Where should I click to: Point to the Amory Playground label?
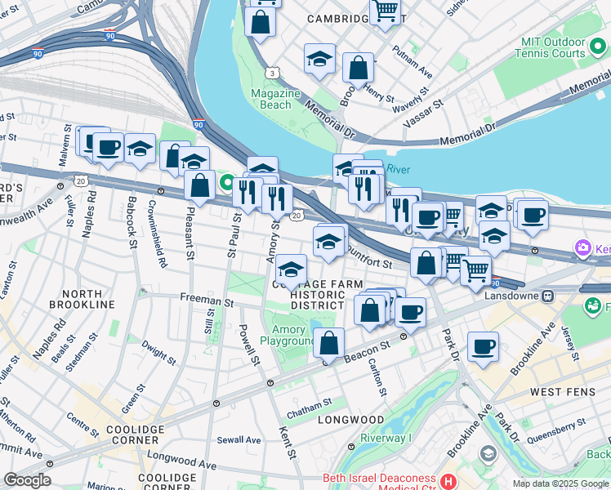coord(288,334)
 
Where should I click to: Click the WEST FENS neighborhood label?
coord(557,392)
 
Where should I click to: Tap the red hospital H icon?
coord(447,479)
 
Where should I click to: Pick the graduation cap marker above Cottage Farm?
coord(291,269)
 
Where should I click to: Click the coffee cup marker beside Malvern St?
coord(108,148)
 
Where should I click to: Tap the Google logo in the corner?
coord(27,480)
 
